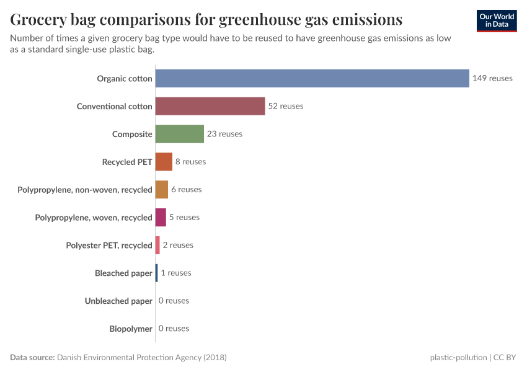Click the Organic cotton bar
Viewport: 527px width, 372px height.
click(x=312, y=78)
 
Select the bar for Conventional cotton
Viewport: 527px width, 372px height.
click(x=210, y=106)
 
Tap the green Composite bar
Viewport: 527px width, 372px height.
click(x=179, y=134)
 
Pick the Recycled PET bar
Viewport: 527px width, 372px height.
click(x=164, y=162)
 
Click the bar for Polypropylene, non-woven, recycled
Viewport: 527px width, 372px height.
click(x=161, y=190)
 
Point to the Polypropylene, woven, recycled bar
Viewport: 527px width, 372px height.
click(x=161, y=217)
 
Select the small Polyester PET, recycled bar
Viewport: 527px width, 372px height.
click(x=157, y=245)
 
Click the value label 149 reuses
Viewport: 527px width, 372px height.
click(x=492, y=78)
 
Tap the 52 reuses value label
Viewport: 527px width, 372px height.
click(x=286, y=106)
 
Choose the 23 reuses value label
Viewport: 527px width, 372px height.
click(x=224, y=134)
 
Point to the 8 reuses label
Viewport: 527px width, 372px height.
click(x=190, y=162)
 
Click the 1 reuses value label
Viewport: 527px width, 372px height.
click(x=176, y=273)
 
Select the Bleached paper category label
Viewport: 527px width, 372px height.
click(x=123, y=273)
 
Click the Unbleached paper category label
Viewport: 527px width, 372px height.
click(x=118, y=301)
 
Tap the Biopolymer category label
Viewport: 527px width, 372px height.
click(x=131, y=329)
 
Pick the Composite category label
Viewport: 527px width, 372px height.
click(x=132, y=134)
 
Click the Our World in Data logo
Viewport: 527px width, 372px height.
click(x=497, y=20)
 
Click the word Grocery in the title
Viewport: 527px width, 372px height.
click(x=42, y=20)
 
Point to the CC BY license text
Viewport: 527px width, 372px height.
click(x=505, y=358)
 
